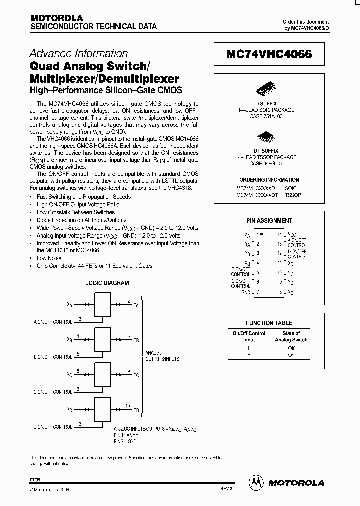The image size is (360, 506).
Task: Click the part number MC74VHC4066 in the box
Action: click(269, 55)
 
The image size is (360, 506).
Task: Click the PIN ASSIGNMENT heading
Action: click(269, 220)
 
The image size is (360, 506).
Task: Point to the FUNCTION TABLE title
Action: click(269, 323)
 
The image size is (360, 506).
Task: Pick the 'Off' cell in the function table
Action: click(291, 348)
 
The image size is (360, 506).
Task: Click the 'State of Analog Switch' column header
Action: click(291, 336)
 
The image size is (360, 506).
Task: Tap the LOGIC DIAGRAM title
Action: click(107, 283)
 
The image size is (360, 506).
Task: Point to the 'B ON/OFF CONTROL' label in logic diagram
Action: click(52, 357)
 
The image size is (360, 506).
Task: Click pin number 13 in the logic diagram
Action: click(79, 318)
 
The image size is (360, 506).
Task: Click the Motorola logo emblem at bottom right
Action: click(255, 482)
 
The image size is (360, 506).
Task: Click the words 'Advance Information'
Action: click(79, 53)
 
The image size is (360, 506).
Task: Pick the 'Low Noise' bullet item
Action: click(49, 258)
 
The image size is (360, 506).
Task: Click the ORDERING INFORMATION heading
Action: click(269, 180)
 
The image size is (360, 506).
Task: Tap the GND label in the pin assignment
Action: click(245, 292)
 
